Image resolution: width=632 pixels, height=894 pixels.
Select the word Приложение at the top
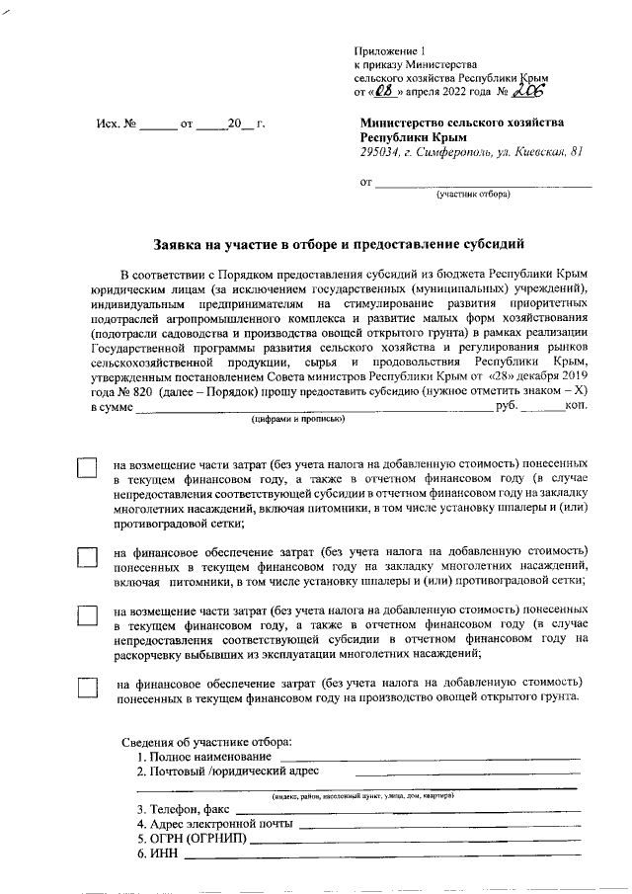[386, 49]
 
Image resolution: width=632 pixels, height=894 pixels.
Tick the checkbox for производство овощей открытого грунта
[89, 690]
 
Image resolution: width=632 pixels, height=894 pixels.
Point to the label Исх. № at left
[115, 126]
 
